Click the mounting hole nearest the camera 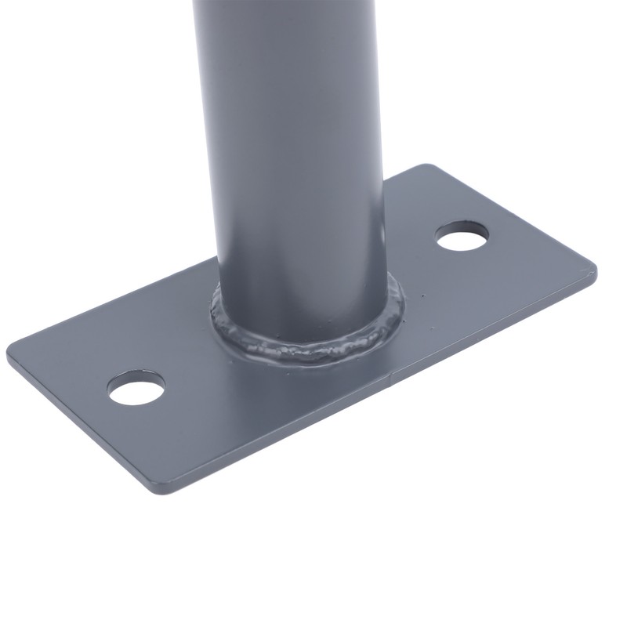[x=137, y=388]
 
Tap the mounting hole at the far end [x=462, y=235]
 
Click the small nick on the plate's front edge [x=393, y=385]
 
